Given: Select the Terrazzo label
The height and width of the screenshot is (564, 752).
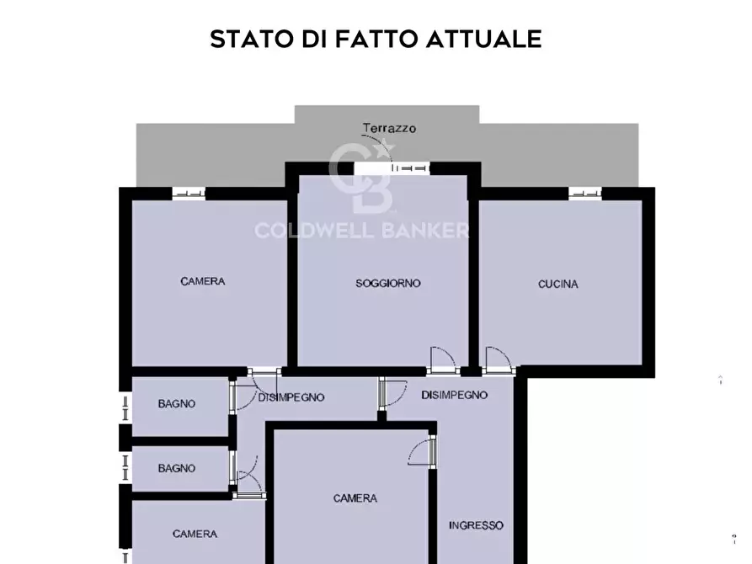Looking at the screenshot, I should click(389, 129).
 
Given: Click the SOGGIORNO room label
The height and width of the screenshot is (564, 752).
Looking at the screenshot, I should click(387, 284).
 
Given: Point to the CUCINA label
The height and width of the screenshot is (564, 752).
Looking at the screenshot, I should click(558, 285).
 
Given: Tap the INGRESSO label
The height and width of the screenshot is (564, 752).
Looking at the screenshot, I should click(476, 525).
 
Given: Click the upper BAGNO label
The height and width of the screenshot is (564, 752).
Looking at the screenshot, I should click(177, 404).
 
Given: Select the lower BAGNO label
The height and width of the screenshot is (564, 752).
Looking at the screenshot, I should click(177, 469).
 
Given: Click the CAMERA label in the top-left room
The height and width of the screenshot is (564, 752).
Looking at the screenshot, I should click(203, 281).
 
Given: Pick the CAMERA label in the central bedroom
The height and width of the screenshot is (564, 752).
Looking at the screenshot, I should click(355, 498).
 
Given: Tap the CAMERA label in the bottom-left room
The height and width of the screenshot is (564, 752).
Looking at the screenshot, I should click(195, 534).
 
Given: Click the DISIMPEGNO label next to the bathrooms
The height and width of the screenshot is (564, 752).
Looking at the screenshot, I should click(291, 397).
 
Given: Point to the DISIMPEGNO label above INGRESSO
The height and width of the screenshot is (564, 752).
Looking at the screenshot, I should click(455, 395).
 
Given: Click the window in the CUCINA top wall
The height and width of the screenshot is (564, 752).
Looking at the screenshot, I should click(585, 193).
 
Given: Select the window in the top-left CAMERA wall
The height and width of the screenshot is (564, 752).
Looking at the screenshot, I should click(189, 193).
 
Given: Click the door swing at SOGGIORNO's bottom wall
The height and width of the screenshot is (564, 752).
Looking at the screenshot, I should click(441, 360).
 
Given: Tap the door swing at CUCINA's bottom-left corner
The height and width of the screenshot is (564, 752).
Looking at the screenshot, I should click(497, 360).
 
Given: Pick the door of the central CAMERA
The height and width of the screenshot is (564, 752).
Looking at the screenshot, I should click(424, 450).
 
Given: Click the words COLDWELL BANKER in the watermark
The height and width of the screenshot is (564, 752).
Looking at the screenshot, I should click(362, 231).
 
